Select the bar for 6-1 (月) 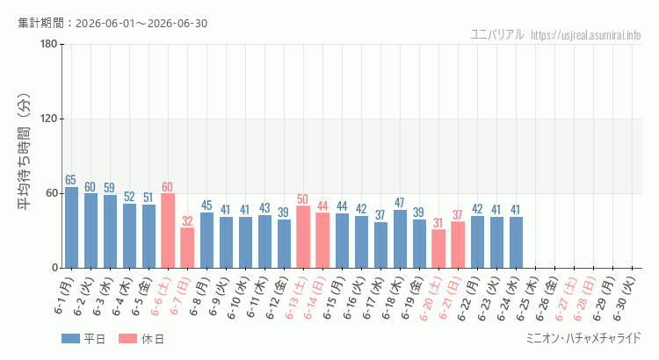[71, 227]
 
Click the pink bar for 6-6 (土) [168, 231]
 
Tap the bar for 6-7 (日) [187, 248]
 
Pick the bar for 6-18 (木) [400, 239]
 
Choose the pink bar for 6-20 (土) [438, 248]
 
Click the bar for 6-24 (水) [516, 242]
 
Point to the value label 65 [70, 180]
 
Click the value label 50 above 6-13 [302, 199]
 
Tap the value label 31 [438, 223]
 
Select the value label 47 [399, 203]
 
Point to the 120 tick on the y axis [48, 119]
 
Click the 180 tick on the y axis [48, 44]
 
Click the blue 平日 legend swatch [70, 339]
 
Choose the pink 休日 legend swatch [127, 339]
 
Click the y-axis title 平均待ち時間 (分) [25, 152]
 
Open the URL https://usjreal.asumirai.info [585, 35]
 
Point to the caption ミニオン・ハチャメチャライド [583, 338]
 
